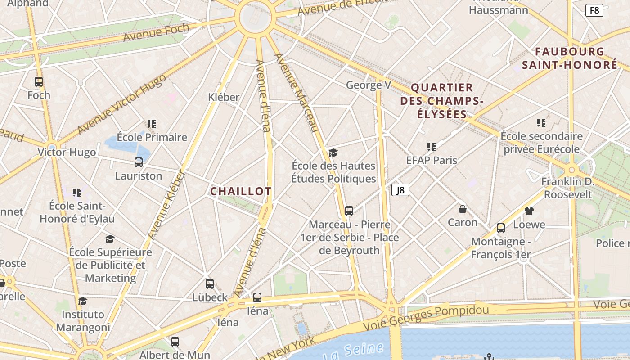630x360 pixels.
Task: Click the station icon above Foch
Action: (39, 82)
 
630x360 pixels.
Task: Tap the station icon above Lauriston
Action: (139, 162)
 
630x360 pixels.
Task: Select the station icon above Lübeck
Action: (210, 284)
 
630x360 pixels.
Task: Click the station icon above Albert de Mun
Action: (175, 342)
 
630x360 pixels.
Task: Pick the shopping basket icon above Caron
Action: (462, 209)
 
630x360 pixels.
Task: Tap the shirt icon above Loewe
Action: (529, 211)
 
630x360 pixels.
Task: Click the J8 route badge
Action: (400, 190)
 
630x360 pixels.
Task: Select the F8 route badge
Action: (594, 10)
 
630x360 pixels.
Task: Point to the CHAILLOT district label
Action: (241, 191)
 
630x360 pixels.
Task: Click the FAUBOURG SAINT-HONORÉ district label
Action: (570, 58)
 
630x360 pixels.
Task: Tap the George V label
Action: (368, 85)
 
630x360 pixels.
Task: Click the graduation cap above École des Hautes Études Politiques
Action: (333, 153)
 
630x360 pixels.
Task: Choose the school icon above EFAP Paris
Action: (432, 147)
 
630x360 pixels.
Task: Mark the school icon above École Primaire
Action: (152, 124)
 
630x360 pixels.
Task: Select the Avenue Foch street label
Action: (156, 33)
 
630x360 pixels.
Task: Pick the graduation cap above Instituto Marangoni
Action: (82, 301)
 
